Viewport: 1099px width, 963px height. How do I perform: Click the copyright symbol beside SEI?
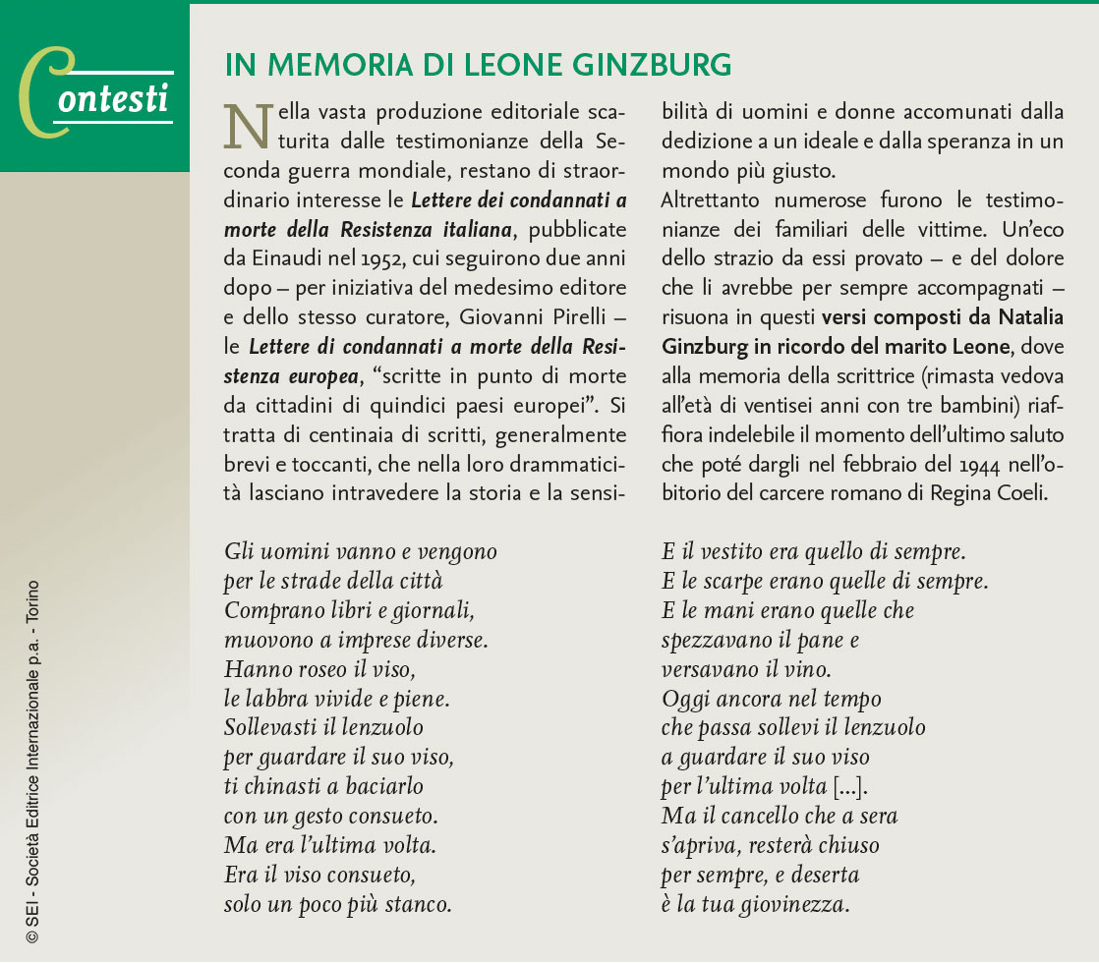[32, 937]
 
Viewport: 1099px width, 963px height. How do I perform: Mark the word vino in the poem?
[807, 669]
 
